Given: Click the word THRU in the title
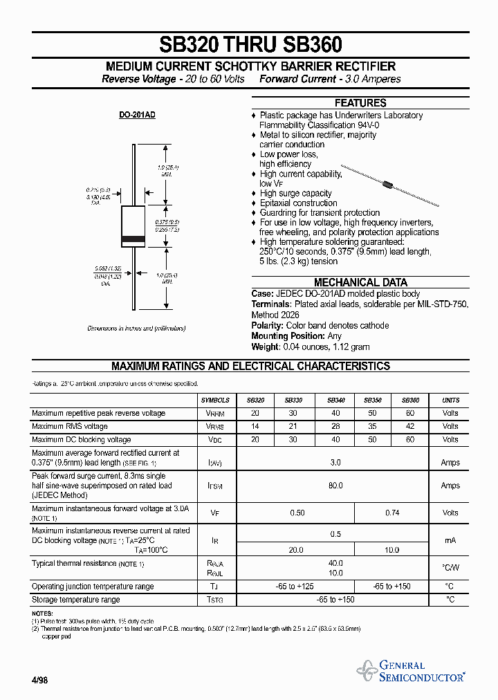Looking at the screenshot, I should coord(250,45).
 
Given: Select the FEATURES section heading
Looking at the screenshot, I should coord(360,103).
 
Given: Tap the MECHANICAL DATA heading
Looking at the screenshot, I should coord(360,282).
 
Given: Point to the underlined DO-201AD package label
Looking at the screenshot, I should coord(137,115).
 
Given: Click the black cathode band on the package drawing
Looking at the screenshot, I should coord(133,239).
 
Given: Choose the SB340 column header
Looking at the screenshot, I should coord(335,400).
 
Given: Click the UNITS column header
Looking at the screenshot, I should coord(450,400).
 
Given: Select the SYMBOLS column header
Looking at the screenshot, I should coord(215,400).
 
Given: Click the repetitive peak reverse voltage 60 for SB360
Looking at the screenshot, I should coord(410,414).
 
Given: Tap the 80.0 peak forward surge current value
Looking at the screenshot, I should coord(335,486).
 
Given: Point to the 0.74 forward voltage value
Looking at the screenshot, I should coord(391,513).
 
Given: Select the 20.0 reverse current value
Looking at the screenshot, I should coord(297,550).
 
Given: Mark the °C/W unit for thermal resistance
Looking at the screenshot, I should coord(450,568).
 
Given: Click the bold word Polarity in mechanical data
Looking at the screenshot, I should coord(267,326).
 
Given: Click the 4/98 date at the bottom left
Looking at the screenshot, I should coord(39,680).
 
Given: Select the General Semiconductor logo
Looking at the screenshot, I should coord(412,671).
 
